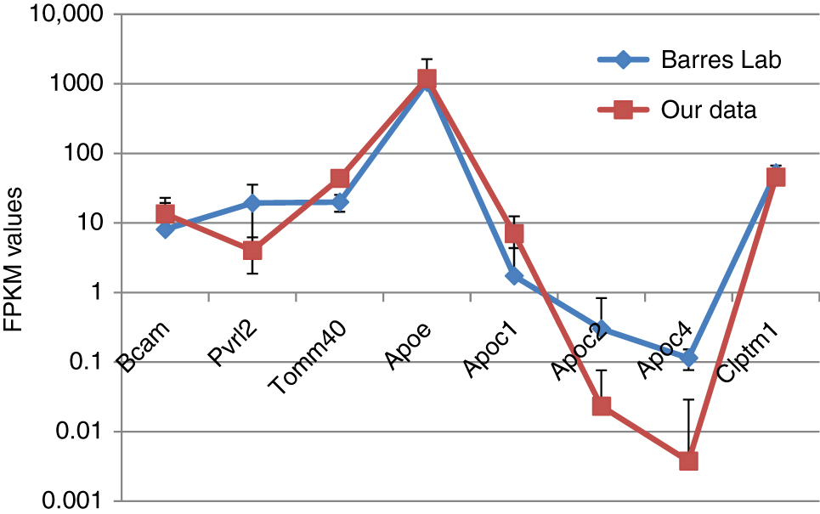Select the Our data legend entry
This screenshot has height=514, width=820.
click(x=707, y=110)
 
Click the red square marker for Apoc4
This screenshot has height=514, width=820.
click(x=688, y=460)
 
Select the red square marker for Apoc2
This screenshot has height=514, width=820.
click(x=602, y=406)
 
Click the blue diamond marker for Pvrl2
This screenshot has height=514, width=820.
click(x=252, y=203)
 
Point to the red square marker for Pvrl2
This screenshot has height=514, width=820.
click(x=252, y=251)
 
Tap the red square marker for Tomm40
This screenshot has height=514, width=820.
click(x=340, y=178)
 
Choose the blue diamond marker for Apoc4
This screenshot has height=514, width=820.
click(x=688, y=358)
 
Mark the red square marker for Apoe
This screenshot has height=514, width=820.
click(x=427, y=78)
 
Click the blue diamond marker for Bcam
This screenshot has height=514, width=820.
click(x=165, y=229)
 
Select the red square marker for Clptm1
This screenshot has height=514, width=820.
click(x=775, y=177)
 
